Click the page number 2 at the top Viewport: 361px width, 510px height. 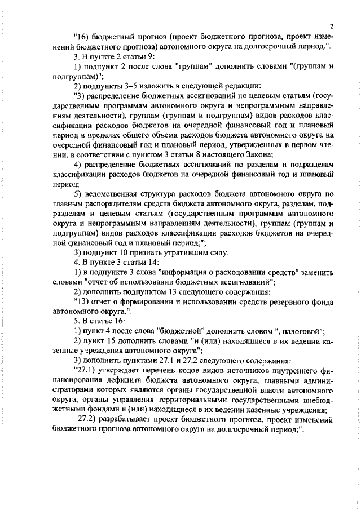point(332,27)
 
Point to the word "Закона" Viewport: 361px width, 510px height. point(259,154)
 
